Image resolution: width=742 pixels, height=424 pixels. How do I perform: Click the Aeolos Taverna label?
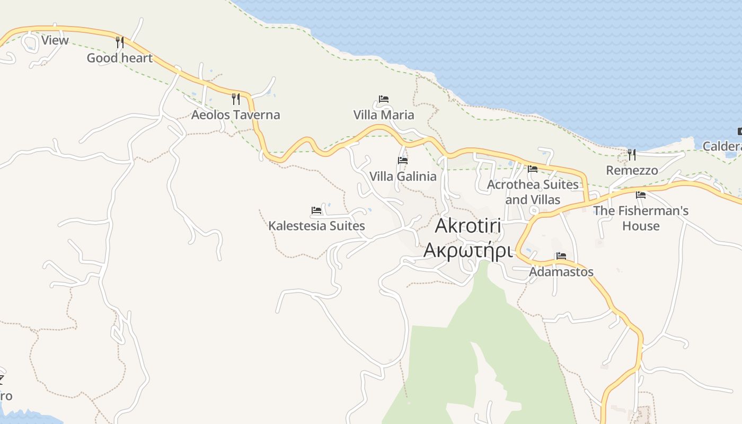pyautogui.click(x=235, y=115)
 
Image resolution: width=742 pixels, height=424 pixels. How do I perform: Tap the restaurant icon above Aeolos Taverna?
pyautogui.click(x=236, y=99)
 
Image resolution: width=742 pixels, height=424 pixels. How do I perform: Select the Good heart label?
pyautogui.click(x=119, y=58)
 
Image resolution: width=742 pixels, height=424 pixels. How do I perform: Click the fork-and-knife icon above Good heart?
pyautogui.click(x=120, y=42)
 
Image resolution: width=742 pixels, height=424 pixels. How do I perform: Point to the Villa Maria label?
pyautogui.click(x=384, y=115)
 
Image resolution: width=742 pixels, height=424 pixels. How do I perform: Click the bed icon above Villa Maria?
pyautogui.click(x=384, y=99)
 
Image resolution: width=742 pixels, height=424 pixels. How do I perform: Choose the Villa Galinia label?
pyautogui.click(x=403, y=176)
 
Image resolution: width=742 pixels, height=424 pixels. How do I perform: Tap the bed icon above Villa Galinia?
pyautogui.click(x=403, y=160)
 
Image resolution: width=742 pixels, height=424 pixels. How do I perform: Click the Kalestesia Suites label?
pyautogui.click(x=316, y=226)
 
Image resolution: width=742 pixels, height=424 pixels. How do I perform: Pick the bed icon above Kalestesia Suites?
pyautogui.click(x=316, y=210)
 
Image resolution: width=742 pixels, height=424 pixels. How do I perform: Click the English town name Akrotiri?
pyautogui.click(x=468, y=226)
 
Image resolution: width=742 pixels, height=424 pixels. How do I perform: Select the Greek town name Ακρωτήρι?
pyautogui.click(x=468, y=250)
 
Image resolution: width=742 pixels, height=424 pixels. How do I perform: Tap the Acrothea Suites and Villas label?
pyautogui.click(x=533, y=192)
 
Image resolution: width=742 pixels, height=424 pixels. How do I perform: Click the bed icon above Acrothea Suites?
pyautogui.click(x=533, y=169)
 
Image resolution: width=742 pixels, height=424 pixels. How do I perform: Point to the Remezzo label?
pyautogui.click(x=632, y=170)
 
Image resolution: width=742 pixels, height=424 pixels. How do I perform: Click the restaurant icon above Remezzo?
pyautogui.click(x=632, y=154)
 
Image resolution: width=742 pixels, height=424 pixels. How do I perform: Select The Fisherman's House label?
pyautogui.click(x=641, y=218)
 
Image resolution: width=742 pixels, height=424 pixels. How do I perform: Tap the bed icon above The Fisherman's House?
pyautogui.click(x=641, y=195)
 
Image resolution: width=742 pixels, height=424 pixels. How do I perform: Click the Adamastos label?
pyautogui.click(x=561, y=272)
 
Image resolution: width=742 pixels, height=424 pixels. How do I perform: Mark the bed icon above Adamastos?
pyautogui.click(x=561, y=256)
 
